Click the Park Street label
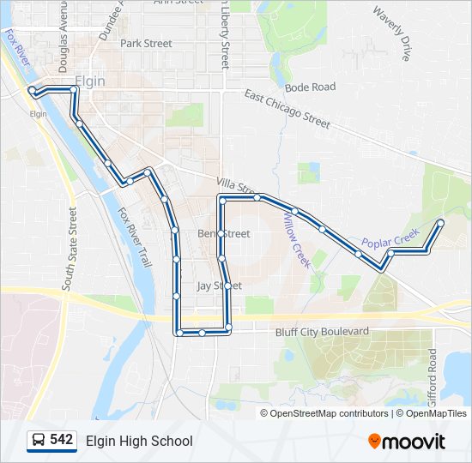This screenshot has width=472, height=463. coord(146,43)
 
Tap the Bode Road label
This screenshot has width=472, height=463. coord(310,87)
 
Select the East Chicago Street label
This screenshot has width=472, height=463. coord(287,109)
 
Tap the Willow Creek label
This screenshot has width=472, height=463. coord(296,242)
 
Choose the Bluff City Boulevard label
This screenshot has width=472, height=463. coord(322,332)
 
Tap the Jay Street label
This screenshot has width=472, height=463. coord(219,286)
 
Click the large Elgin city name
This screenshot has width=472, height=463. coord(90,81)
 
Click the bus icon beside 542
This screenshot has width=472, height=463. coord(39,441)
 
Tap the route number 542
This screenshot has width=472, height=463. coord(62,440)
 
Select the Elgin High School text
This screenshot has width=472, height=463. coord(139,441)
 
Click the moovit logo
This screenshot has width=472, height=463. coord(407,442)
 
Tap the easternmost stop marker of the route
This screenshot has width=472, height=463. coord(441,223)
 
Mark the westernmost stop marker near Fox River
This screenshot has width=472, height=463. coord(33,90)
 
